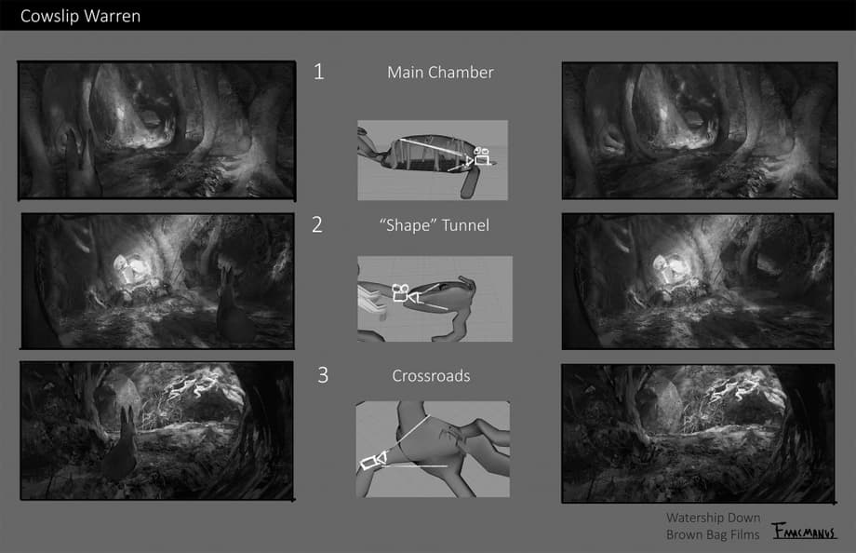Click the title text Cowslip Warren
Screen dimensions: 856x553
pyautogui.click(x=80, y=17)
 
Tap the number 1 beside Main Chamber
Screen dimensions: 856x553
pyautogui.click(x=319, y=72)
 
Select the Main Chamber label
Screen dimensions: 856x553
pyautogui.click(x=440, y=72)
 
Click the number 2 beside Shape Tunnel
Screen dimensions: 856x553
pyautogui.click(x=317, y=224)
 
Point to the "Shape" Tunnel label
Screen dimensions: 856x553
pyautogui.click(x=435, y=225)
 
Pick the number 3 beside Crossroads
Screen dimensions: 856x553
pyautogui.click(x=323, y=375)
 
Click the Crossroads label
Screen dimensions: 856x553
pyautogui.click(x=432, y=376)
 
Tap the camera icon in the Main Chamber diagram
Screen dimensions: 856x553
pyautogui.click(x=480, y=156)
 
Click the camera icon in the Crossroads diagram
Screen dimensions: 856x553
pyautogui.click(x=373, y=461)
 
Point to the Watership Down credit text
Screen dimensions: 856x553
pyautogui.click(x=713, y=518)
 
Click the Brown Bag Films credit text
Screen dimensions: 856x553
pyautogui.click(x=713, y=534)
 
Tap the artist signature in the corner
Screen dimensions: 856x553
pyautogui.click(x=805, y=532)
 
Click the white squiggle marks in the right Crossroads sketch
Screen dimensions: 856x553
pyautogui.click(x=735, y=388)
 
